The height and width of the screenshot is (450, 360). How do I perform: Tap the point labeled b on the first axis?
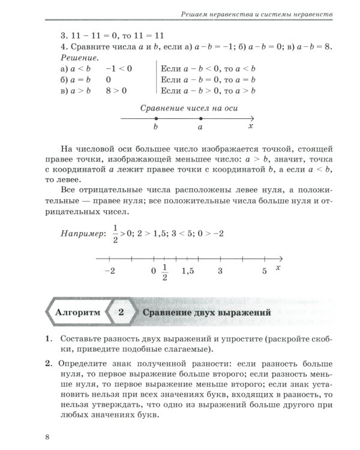(156, 119)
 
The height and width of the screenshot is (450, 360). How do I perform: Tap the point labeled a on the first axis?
(200, 119)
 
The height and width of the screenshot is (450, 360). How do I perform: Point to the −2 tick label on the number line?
(109, 271)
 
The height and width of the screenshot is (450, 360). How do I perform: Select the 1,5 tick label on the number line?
(188, 271)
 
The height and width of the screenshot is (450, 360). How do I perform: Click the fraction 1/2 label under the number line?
(165, 272)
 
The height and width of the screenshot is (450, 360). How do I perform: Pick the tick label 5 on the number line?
(264, 271)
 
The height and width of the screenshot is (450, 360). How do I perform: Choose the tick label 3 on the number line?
(220, 271)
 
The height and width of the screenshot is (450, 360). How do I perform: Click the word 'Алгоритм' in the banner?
(74, 313)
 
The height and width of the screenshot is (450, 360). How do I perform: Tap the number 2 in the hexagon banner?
(121, 313)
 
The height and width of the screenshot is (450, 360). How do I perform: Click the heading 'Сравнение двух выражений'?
(206, 313)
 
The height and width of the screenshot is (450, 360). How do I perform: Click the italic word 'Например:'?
(82, 232)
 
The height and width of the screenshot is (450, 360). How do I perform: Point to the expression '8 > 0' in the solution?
(116, 90)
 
